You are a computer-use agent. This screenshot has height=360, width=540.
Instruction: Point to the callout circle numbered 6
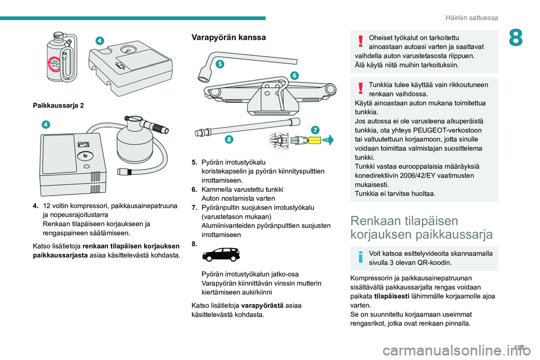[x=294, y=75]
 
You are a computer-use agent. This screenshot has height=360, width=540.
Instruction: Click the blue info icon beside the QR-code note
[x=359, y=258]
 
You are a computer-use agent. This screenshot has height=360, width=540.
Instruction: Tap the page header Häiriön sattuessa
[x=475, y=17]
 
